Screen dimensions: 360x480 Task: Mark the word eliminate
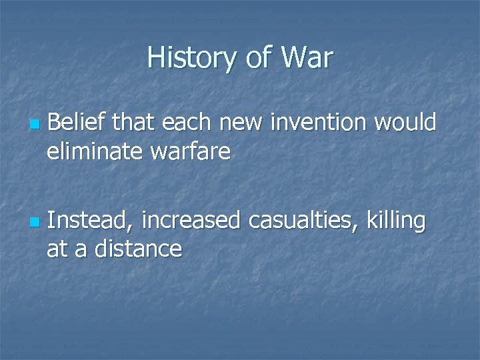point(92,153)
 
